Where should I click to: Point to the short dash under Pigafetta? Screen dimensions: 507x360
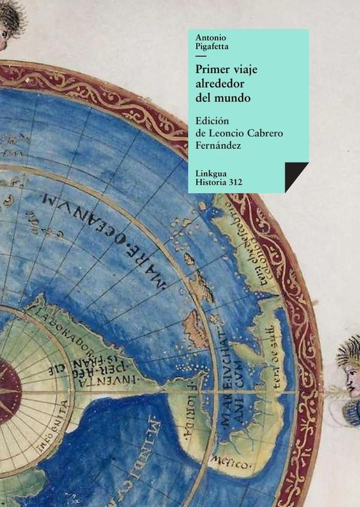(x=200, y=55)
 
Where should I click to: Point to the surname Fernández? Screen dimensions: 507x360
(x=220, y=145)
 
